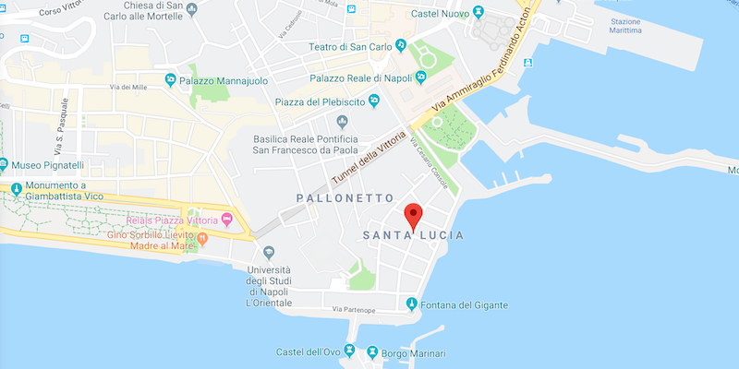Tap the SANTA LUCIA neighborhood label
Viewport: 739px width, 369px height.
click(x=414, y=237)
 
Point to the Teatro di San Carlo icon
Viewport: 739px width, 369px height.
click(x=401, y=44)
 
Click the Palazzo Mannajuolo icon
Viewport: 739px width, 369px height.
click(x=170, y=80)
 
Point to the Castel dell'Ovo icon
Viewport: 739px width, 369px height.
click(x=349, y=352)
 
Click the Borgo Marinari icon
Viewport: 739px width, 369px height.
click(x=372, y=352)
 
